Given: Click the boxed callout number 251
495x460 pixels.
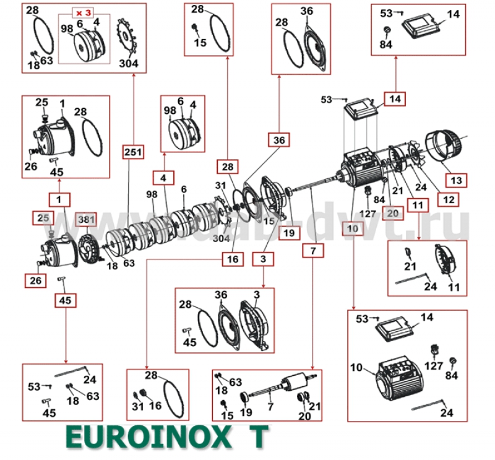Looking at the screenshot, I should [134, 152].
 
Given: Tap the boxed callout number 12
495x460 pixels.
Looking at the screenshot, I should [449, 200].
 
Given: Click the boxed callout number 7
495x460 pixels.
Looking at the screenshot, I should [312, 251].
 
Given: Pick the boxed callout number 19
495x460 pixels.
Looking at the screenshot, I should [288, 233].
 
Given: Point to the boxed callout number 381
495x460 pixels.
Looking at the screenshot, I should [86, 219].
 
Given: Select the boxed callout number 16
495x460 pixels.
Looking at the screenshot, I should [230, 259].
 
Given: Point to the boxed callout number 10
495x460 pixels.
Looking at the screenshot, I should [353, 228].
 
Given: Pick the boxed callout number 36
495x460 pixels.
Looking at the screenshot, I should [278, 140].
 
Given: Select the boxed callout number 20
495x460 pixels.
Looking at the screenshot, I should [394, 213].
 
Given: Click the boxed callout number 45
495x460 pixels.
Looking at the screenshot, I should [65, 301].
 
